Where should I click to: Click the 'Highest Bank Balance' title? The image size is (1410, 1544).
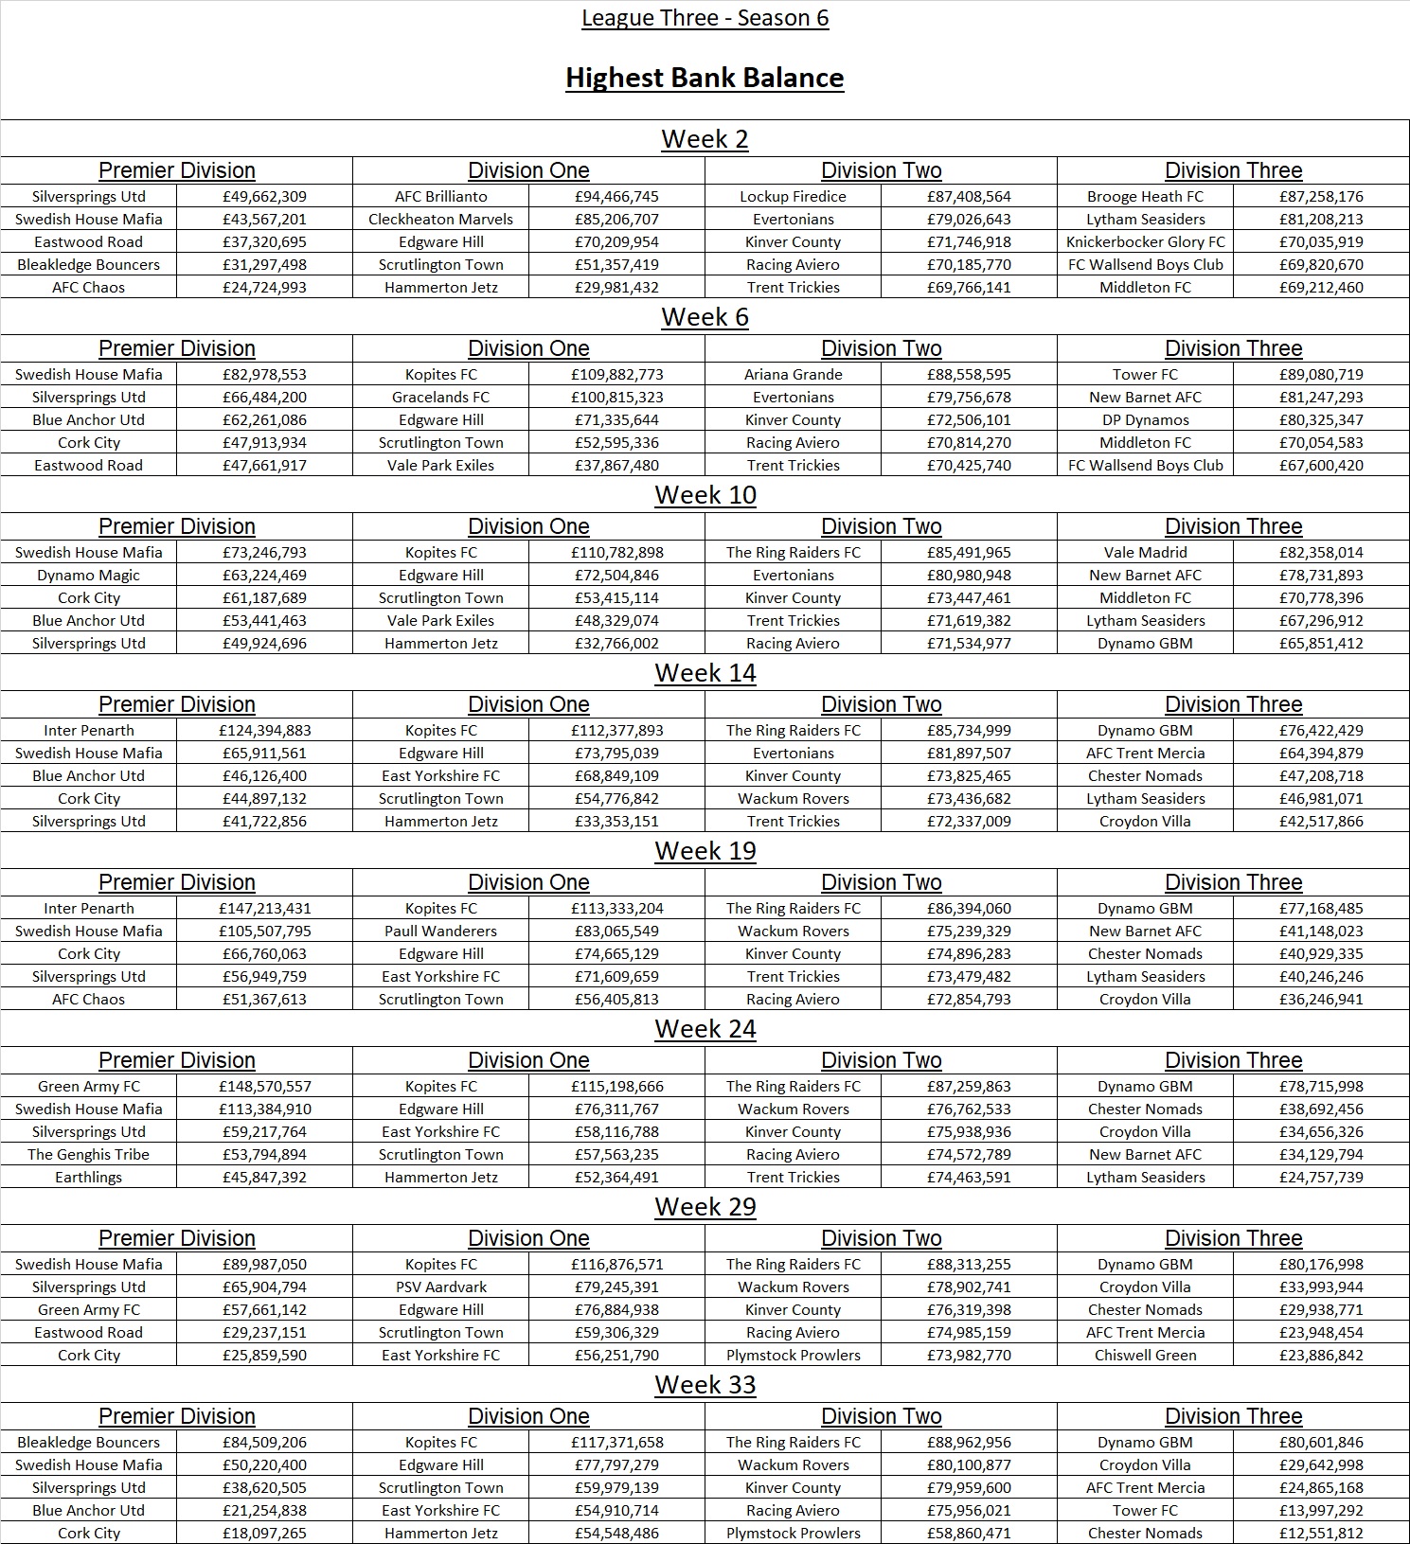(705, 78)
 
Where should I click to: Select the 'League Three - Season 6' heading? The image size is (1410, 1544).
(705, 18)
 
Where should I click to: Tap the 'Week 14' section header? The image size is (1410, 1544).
(705, 673)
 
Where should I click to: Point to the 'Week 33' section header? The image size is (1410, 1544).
(705, 1385)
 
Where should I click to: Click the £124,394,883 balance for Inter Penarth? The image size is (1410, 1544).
(264, 730)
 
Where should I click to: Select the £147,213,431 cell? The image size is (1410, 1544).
(264, 908)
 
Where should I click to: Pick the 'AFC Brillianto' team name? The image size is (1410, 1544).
(440, 196)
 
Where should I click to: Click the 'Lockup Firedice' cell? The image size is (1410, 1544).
(793, 196)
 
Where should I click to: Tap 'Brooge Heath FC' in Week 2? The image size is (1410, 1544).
(1145, 196)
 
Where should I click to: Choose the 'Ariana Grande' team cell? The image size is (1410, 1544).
(793, 374)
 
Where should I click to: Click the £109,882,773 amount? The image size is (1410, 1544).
(616, 374)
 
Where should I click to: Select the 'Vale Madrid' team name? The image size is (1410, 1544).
(1145, 552)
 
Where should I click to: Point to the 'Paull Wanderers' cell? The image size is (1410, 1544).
(440, 931)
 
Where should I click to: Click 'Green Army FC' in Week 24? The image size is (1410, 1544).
(88, 1086)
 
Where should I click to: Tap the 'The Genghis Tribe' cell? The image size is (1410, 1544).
(88, 1154)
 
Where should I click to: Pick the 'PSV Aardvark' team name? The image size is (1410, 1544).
(440, 1287)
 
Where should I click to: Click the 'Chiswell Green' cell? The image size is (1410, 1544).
(1145, 1355)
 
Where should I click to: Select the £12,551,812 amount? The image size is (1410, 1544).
(1321, 1533)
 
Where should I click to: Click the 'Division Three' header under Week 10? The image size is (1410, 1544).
(1233, 526)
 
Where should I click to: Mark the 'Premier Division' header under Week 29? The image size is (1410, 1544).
(177, 1238)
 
